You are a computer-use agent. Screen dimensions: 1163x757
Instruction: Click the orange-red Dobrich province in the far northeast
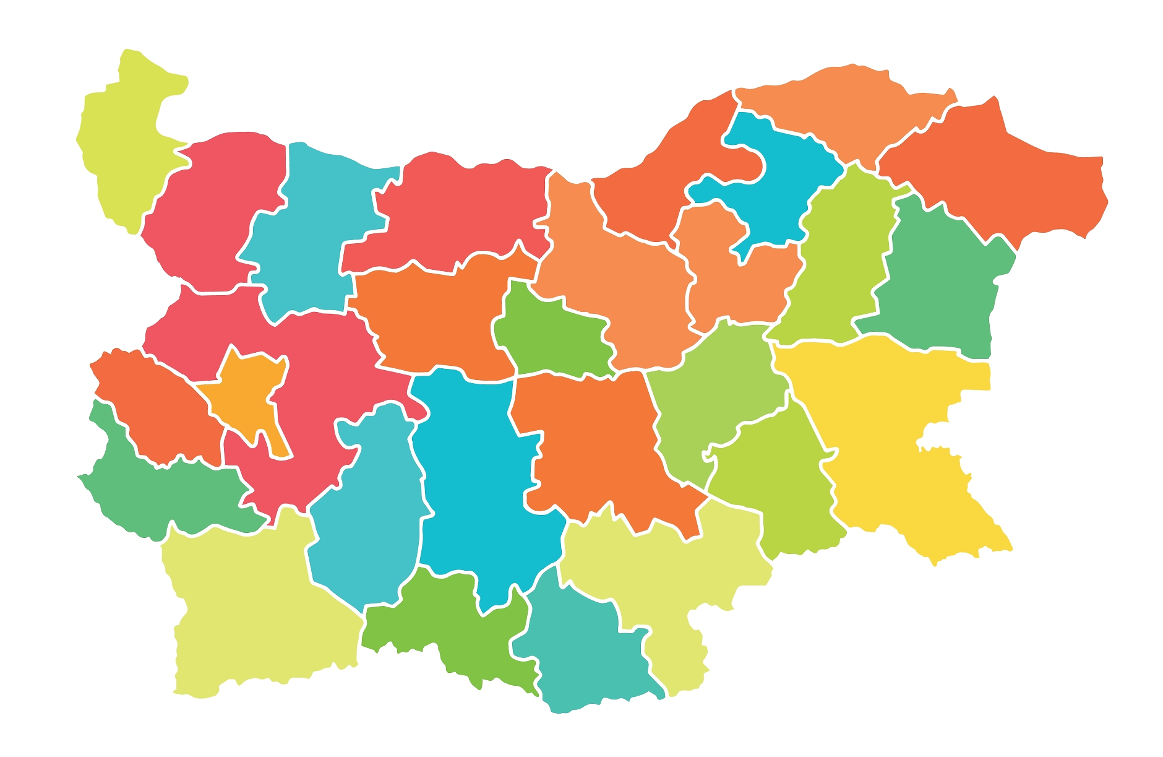pos(1002,186)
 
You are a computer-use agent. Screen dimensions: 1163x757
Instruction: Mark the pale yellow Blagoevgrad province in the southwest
pos(260,607)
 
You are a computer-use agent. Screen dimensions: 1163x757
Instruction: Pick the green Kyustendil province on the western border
pos(161,495)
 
